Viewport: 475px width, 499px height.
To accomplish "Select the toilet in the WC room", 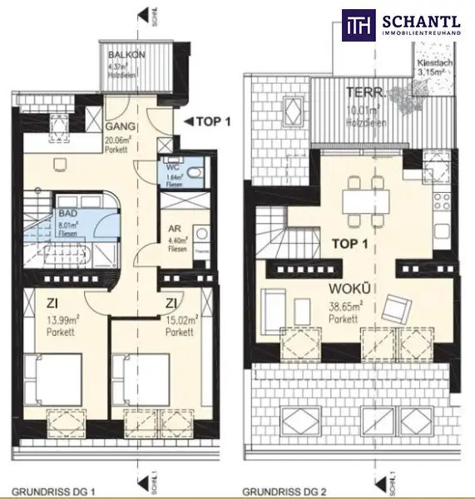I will tap(193, 171).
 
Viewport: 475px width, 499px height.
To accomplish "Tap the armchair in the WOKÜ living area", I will tap(398, 309).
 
